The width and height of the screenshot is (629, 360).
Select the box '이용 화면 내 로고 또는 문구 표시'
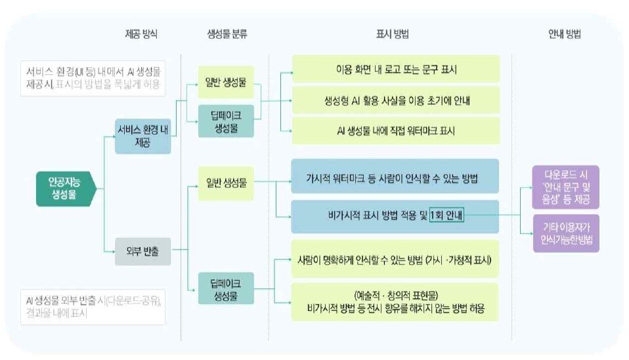click(395, 69)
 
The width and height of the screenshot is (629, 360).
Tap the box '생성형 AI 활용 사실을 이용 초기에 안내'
click(395, 100)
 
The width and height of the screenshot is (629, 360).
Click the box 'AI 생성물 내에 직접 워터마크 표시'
click(395, 131)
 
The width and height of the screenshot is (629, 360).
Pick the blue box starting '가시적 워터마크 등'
click(395, 177)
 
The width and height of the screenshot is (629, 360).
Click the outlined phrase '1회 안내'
click(447, 214)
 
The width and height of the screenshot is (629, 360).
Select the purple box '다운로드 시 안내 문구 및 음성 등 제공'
click(566, 188)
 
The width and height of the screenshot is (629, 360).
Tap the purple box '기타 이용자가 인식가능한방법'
click(566, 234)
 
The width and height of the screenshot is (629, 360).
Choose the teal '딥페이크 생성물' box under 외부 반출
click(226, 290)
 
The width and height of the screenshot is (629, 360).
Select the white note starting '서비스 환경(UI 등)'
click(93, 78)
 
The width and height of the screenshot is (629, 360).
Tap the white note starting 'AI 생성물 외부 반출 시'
click(93, 306)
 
